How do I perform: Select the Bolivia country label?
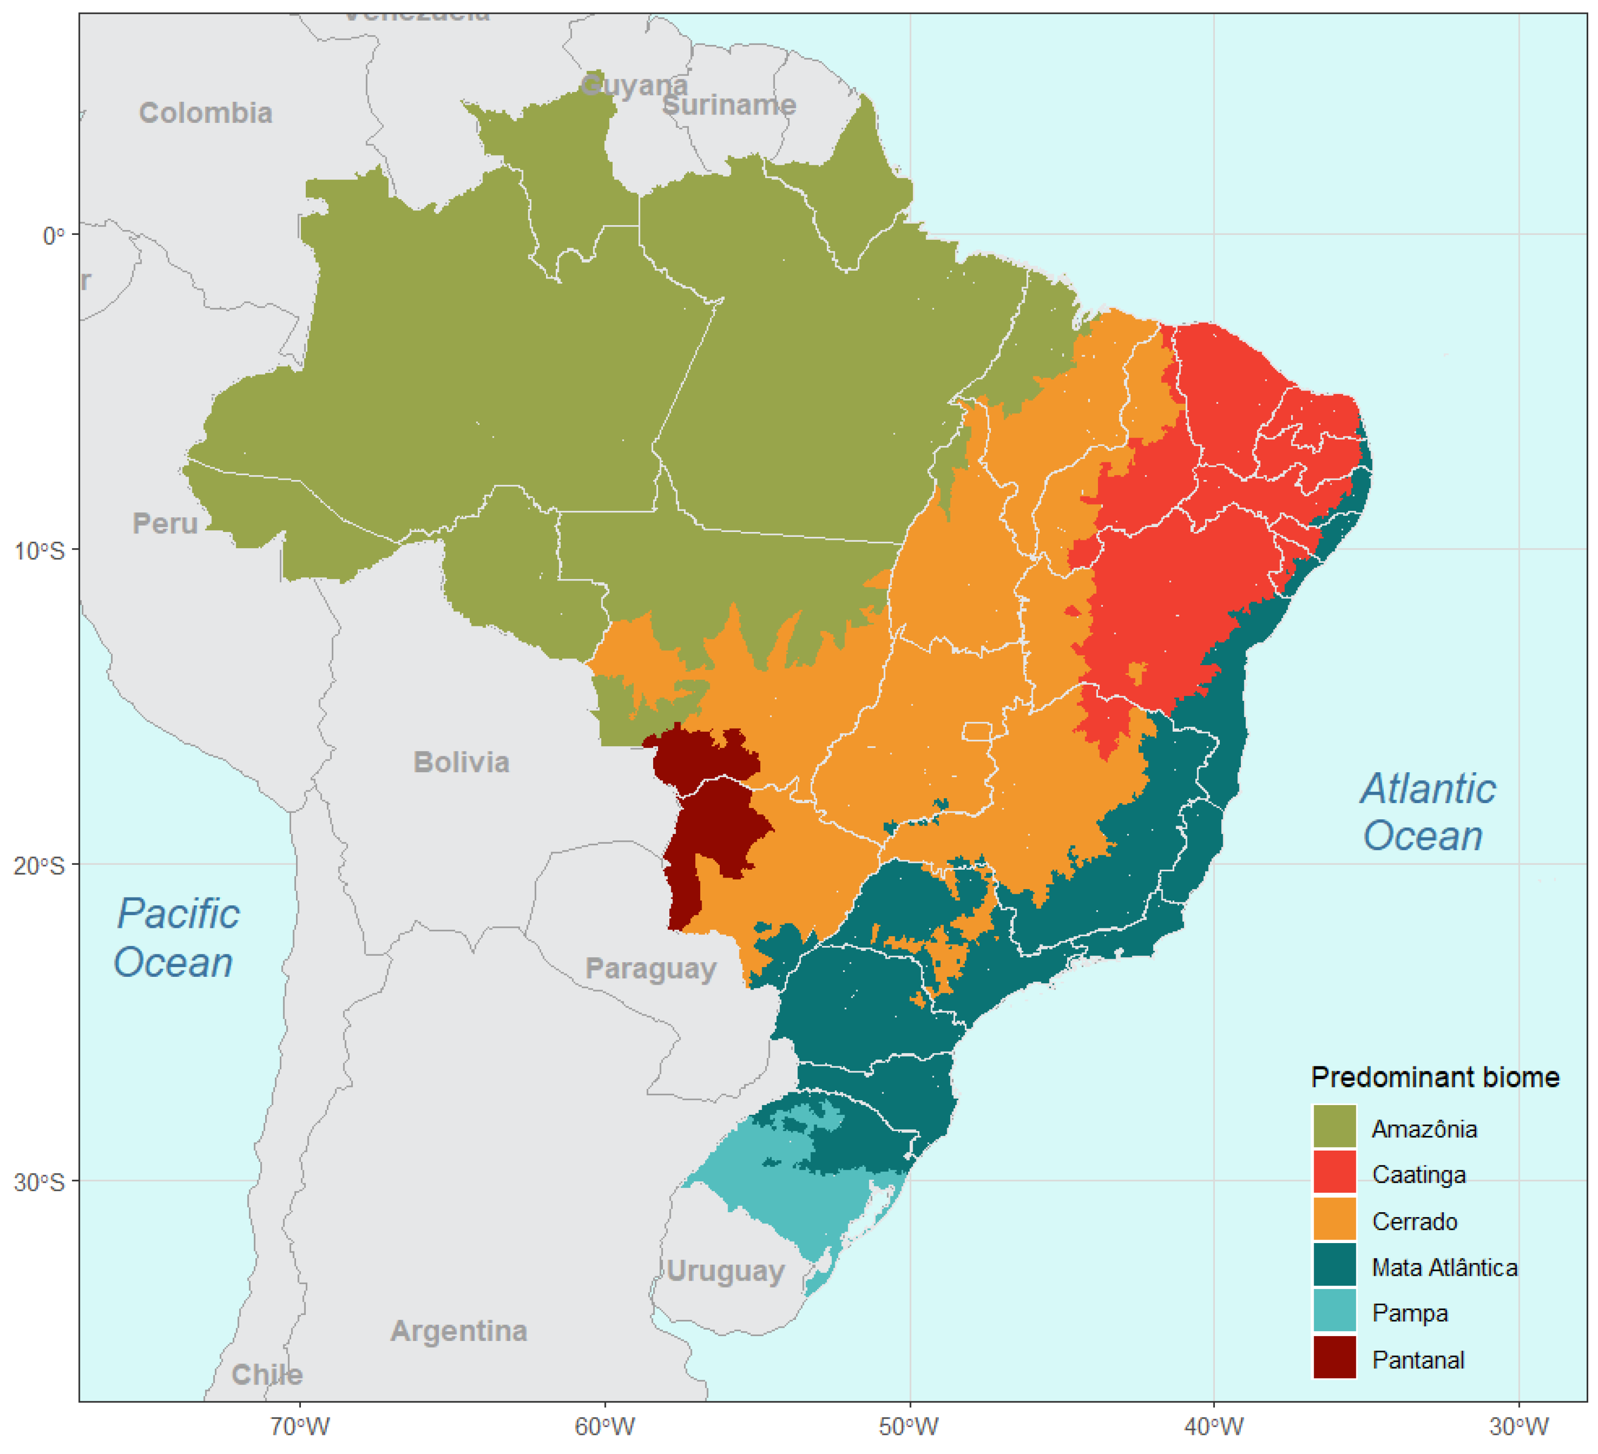coord(461,762)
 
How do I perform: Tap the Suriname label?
coord(729,105)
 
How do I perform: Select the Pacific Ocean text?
coord(176,938)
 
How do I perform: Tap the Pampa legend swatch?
coord(1335,1313)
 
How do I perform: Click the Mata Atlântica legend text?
coord(1444,1267)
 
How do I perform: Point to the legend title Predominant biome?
coord(1435,1078)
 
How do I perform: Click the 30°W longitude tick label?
coord(1518,1427)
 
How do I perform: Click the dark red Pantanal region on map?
coord(713,825)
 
